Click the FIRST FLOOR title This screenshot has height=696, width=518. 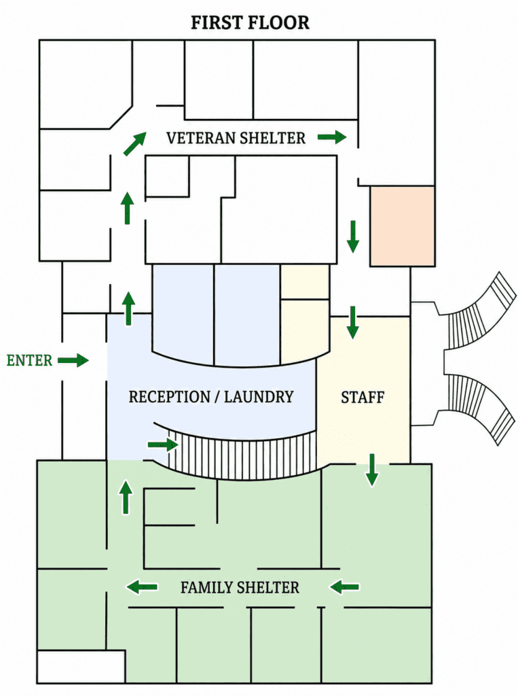(250, 22)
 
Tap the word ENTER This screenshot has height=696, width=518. (29, 360)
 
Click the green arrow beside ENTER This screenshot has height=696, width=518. (73, 360)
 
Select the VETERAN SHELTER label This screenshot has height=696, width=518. (236, 138)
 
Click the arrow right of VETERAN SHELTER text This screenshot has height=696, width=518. (332, 137)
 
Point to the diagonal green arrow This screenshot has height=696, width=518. (135, 144)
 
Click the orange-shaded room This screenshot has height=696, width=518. (403, 226)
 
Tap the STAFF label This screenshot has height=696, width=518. (363, 397)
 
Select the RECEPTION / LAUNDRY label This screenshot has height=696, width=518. (211, 396)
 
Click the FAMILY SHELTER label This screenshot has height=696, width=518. (240, 587)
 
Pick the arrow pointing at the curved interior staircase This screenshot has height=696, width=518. (163, 445)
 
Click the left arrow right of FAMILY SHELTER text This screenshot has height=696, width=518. (345, 587)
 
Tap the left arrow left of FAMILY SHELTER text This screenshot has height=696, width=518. (142, 587)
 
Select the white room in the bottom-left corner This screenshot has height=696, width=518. (81, 667)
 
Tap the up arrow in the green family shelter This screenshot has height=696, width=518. (126, 497)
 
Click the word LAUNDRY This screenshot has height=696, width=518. (259, 396)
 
